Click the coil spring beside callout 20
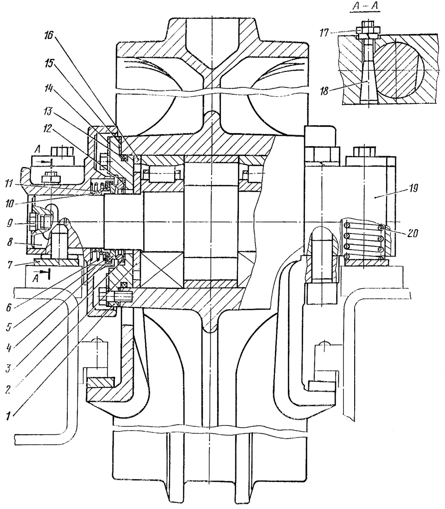click(363, 242)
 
